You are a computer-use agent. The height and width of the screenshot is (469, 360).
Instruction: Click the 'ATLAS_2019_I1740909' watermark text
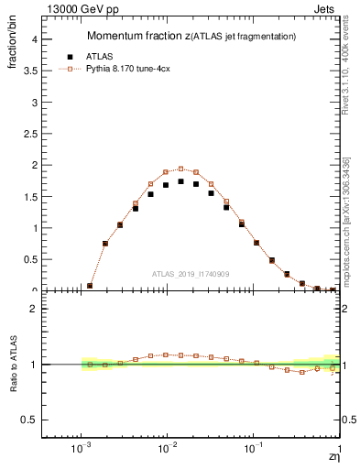(191, 274)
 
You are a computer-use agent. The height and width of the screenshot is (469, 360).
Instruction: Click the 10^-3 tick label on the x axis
(81, 450)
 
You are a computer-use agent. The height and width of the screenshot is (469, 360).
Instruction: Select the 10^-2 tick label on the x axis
(167, 450)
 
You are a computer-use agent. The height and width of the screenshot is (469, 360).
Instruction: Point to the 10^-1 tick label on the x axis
(253, 450)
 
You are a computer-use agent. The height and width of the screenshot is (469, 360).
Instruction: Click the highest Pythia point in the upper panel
(180, 169)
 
